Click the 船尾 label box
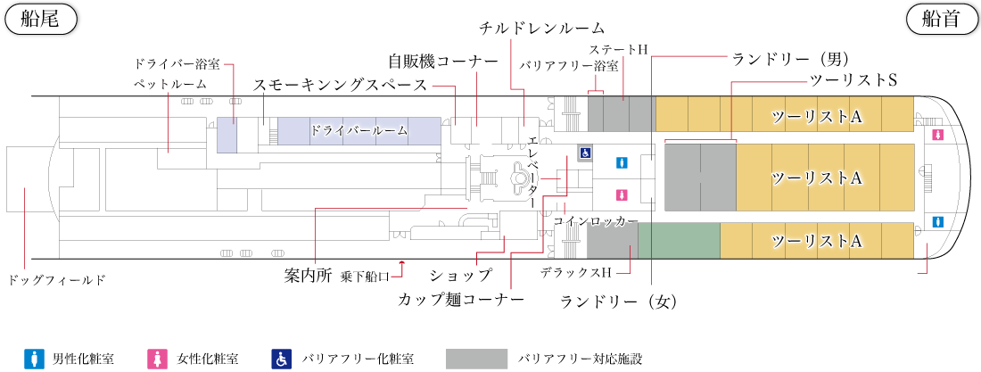[x=41, y=20]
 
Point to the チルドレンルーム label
[x=542, y=29]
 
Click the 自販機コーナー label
[x=443, y=62]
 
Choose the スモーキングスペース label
[x=340, y=85]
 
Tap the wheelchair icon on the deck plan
[x=585, y=153]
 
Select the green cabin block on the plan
[x=679, y=240]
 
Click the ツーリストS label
[x=853, y=80]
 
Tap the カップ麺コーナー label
[x=461, y=300]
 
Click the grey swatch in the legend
[x=477, y=359]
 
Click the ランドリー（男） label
[x=789, y=59]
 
